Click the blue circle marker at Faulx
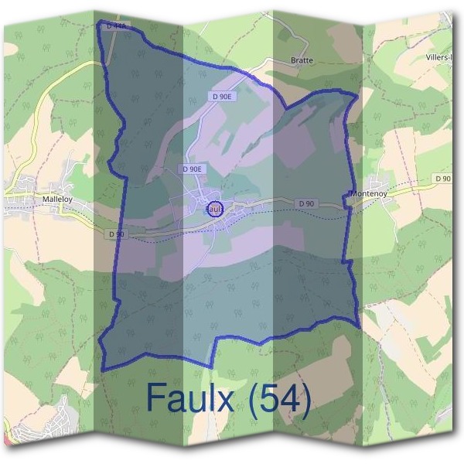coord(216,208)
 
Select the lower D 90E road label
coord(192,169)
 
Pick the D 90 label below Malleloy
coord(116,234)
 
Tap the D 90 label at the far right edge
coord(442,179)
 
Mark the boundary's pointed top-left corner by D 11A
coord(99,24)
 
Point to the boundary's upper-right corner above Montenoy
coord(357,95)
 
